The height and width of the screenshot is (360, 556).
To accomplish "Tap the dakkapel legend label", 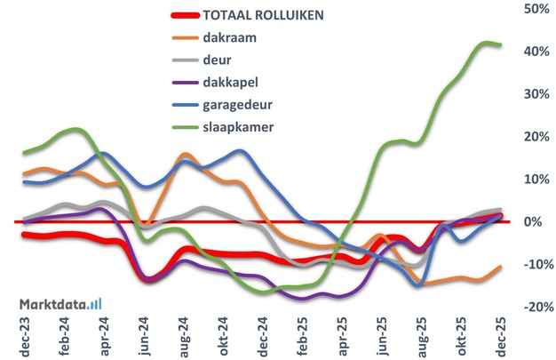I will tap(229, 82).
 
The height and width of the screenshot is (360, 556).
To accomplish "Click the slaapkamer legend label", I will tap(237, 126).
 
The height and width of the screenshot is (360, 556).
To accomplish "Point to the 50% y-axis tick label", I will tap(534, 9).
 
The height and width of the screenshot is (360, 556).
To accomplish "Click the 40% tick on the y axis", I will tap(534, 52).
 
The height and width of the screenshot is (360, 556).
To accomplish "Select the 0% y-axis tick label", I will tap(537, 221).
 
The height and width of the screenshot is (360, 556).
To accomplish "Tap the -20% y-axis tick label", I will tap(532, 307).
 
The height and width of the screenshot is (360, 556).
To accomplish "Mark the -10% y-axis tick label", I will tap(532, 264).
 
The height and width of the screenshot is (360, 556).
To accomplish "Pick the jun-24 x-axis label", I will tap(144, 337).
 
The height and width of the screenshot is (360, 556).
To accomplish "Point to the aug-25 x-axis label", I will tap(420, 337).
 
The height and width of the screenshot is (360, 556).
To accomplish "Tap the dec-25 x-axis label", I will tap(500, 337).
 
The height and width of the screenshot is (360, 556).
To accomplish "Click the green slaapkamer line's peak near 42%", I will tap(485, 43).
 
